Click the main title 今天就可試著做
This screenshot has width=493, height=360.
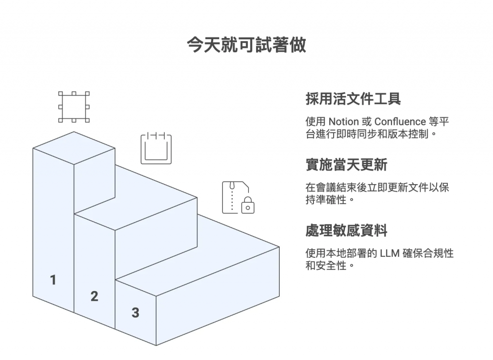point(246,45)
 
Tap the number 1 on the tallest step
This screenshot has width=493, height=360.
point(53,280)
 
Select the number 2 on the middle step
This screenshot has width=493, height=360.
point(94,296)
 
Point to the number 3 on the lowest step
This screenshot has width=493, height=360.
point(135,312)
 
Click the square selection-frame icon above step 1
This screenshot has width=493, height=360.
point(74,107)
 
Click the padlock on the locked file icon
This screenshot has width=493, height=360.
point(248,205)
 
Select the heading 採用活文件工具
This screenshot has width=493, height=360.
point(353,99)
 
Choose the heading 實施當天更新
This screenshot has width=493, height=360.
point(346,165)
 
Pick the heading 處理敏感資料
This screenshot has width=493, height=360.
point(346,230)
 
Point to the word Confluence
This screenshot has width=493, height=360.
point(400,121)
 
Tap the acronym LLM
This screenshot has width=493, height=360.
point(389,253)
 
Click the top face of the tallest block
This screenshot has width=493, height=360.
point(74,147)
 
